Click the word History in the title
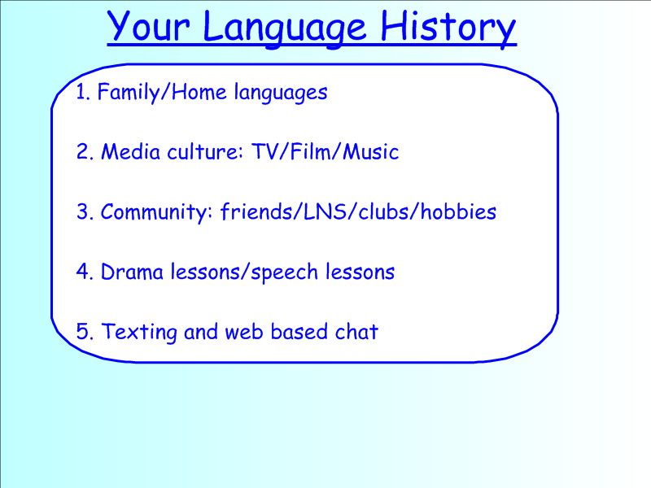coord(448,28)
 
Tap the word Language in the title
coord(284,28)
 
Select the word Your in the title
coord(148,26)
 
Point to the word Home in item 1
coord(199,91)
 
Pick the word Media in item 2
coord(131,151)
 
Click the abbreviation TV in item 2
coord(265,151)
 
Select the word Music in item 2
coord(371,151)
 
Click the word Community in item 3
coord(154,212)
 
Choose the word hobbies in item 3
coord(458,211)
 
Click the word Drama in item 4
coord(132,272)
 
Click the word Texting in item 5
coord(139,333)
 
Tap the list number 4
coord(83,272)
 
